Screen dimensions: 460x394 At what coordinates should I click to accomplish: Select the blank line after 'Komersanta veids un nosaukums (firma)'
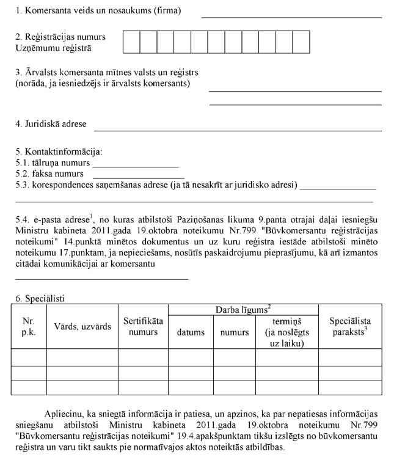click(291, 16)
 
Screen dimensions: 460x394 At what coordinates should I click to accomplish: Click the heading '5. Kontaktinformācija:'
click(59, 151)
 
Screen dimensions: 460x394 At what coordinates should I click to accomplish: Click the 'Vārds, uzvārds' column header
click(83, 327)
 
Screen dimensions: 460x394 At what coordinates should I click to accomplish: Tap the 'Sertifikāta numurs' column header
click(143, 327)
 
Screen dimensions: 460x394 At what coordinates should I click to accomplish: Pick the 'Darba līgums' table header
click(243, 310)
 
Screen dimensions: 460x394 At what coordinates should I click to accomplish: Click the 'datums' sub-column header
click(191, 332)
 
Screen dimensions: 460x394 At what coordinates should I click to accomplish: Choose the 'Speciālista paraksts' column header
click(350, 327)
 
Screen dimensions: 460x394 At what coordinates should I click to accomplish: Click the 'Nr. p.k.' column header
click(29, 327)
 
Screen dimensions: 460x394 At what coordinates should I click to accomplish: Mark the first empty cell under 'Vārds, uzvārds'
click(83, 357)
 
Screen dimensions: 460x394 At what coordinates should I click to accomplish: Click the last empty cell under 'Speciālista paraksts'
click(350, 387)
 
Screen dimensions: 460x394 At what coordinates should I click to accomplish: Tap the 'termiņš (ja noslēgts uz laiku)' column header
click(287, 332)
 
